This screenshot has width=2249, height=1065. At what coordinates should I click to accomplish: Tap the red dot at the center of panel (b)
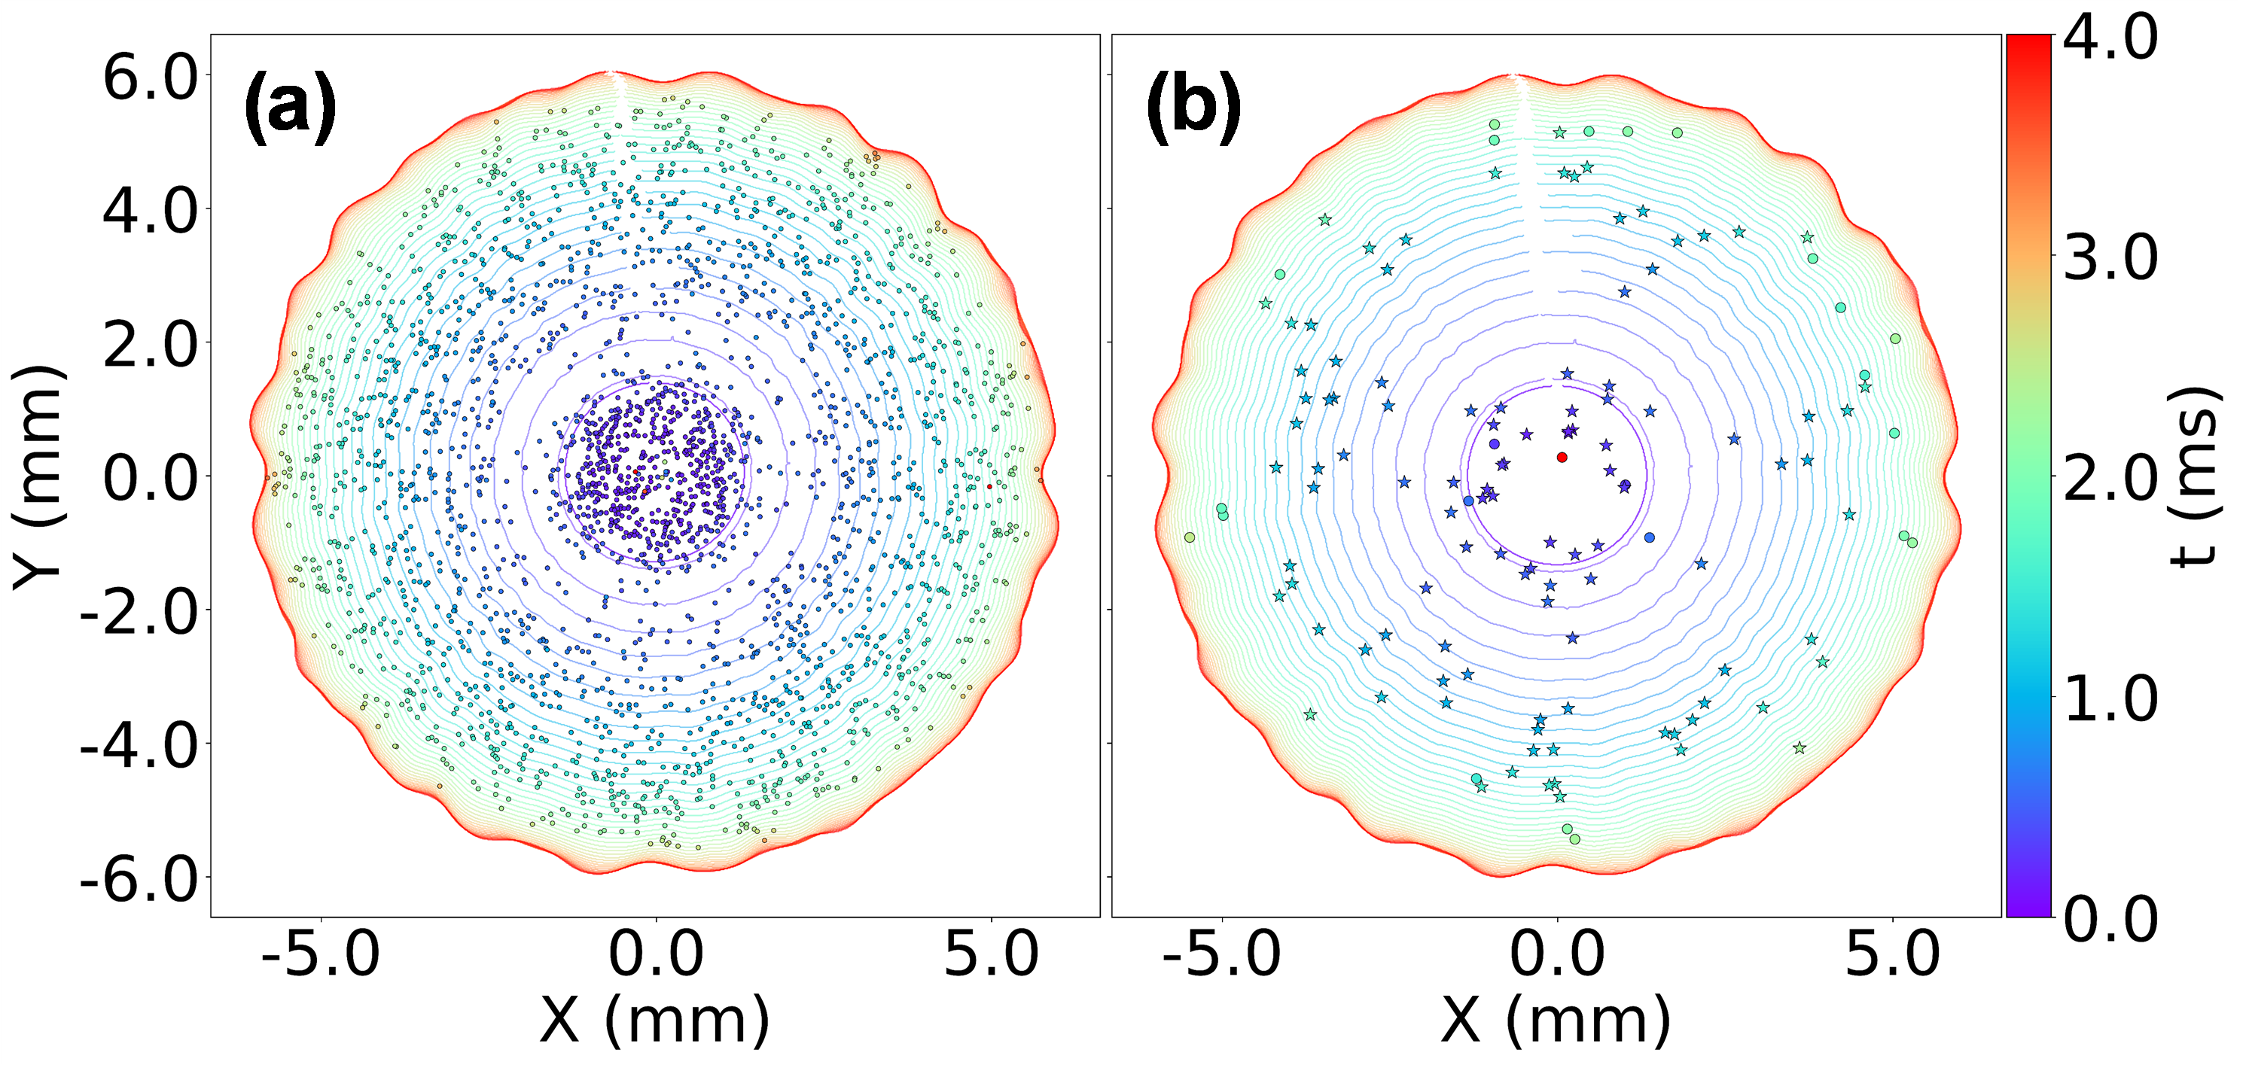[1562, 458]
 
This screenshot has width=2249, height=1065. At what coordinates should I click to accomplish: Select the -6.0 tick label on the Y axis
[140, 878]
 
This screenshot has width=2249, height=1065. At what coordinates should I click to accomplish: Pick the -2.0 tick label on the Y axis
[140, 610]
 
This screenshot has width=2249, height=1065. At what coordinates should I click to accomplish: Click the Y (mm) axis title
[39, 476]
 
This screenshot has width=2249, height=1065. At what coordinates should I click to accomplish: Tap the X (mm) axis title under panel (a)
[655, 1020]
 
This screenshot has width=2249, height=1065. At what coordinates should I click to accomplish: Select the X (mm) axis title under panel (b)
[1556, 1020]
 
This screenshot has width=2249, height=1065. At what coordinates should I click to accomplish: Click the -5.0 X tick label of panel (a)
[321, 954]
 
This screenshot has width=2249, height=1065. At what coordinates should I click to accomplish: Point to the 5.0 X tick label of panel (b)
[1893, 954]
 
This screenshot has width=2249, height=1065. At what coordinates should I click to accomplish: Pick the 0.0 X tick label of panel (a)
[656, 954]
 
